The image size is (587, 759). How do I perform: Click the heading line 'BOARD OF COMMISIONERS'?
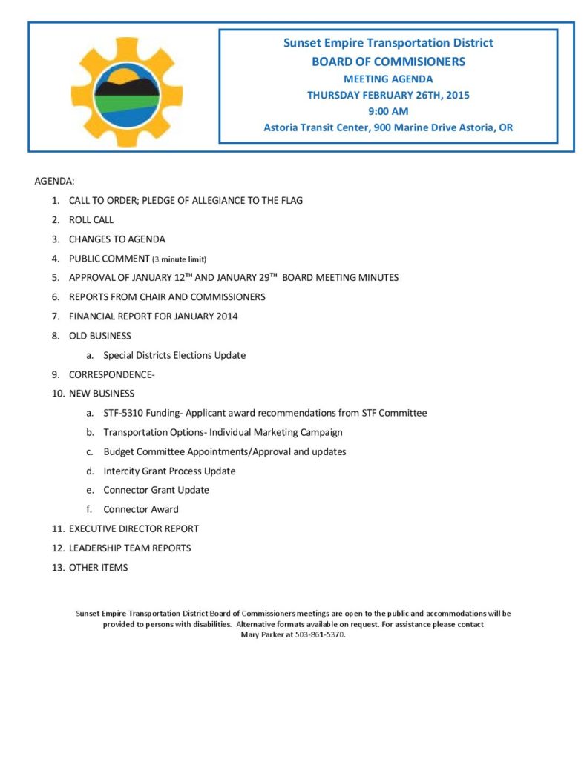click(388, 62)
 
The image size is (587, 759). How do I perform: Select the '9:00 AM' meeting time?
click(388, 111)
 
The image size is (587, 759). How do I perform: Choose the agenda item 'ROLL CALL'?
click(91, 220)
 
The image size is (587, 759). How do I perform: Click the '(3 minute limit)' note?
click(179, 259)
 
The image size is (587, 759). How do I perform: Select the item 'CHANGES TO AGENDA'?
click(117, 239)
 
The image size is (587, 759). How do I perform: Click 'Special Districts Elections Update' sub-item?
click(174, 355)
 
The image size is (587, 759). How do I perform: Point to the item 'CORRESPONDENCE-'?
click(111, 374)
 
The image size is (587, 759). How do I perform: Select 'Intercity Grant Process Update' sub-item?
click(169, 471)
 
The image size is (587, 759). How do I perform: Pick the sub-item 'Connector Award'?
click(141, 509)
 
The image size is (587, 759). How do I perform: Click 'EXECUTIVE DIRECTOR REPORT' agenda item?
click(134, 528)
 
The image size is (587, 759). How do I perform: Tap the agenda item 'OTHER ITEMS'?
click(98, 567)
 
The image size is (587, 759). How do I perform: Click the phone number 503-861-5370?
click(320, 635)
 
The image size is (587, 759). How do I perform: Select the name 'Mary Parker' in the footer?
click(266, 635)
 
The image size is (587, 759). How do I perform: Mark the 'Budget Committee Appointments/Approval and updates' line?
click(224, 451)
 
